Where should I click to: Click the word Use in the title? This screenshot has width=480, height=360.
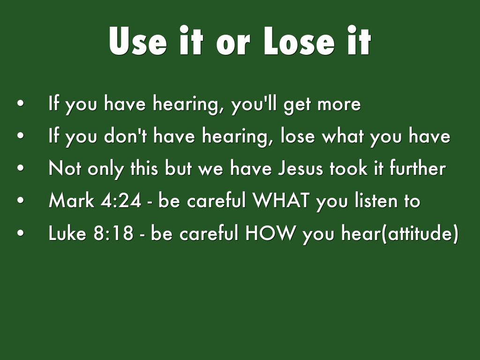click(x=138, y=41)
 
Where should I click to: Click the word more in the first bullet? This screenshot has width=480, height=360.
click(x=339, y=104)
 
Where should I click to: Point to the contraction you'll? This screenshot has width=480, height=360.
click(x=255, y=104)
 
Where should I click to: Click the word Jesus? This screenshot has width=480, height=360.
click(x=300, y=168)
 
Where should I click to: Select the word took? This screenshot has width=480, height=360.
click(x=348, y=168)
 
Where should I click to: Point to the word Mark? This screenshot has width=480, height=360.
click(x=71, y=201)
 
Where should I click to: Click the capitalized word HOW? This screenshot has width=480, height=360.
click(x=270, y=233)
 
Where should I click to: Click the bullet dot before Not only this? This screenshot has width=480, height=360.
click(x=21, y=168)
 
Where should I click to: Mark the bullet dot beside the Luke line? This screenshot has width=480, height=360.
click(x=21, y=232)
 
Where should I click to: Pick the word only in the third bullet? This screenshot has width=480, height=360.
click(x=106, y=169)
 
